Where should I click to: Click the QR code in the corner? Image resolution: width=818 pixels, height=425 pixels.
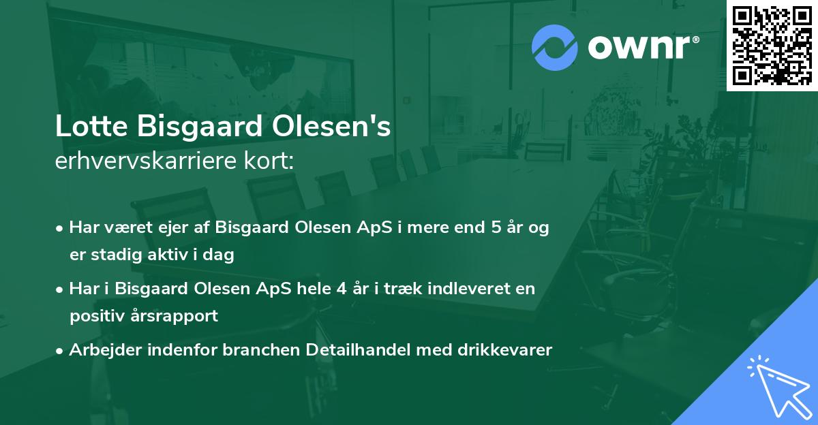772,45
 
